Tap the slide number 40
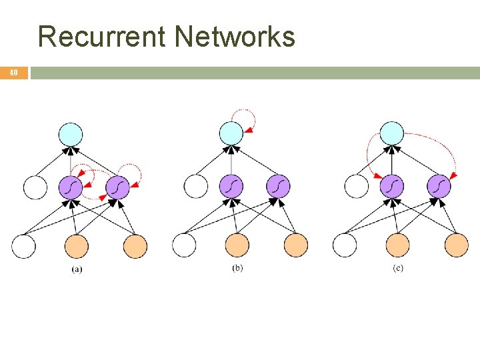(x=13, y=73)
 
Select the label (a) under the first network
(x=77, y=269)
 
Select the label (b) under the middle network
(x=237, y=268)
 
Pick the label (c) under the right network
(x=398, y=268)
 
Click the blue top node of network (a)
(x=71, y=135)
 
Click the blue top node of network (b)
(x=231, y=133)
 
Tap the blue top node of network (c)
(x=392, y=133)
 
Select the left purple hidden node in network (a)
(x=71, y=187)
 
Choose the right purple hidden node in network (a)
(x=117, y=187)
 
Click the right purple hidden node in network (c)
(x=439, y=186)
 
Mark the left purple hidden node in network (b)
(x=231, y=186)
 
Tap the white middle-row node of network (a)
(x=35, y=187)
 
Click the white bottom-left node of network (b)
(x=184, y=245)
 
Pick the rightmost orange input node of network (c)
(x=457, y=245)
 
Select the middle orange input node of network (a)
(x=77, y=246)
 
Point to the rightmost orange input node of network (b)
(x=296, y=245)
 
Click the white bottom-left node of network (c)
(x=345, y=245)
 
